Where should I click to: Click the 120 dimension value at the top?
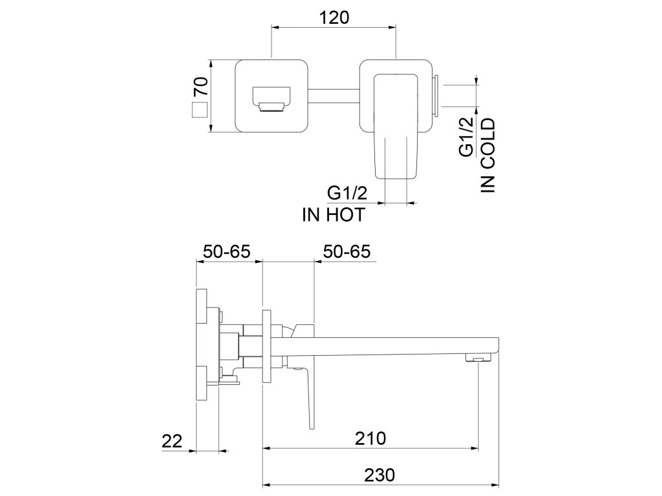[334, 17]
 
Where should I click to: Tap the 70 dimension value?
[202, 87]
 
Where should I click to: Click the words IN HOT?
[333, 215]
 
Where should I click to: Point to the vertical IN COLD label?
[487, 156]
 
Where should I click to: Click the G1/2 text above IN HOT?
[347, 193]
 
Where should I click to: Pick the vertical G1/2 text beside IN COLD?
[466, 138]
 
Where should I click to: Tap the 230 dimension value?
[379, 475]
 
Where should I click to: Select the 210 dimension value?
[370, 439]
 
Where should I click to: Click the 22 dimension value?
[172, 441]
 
